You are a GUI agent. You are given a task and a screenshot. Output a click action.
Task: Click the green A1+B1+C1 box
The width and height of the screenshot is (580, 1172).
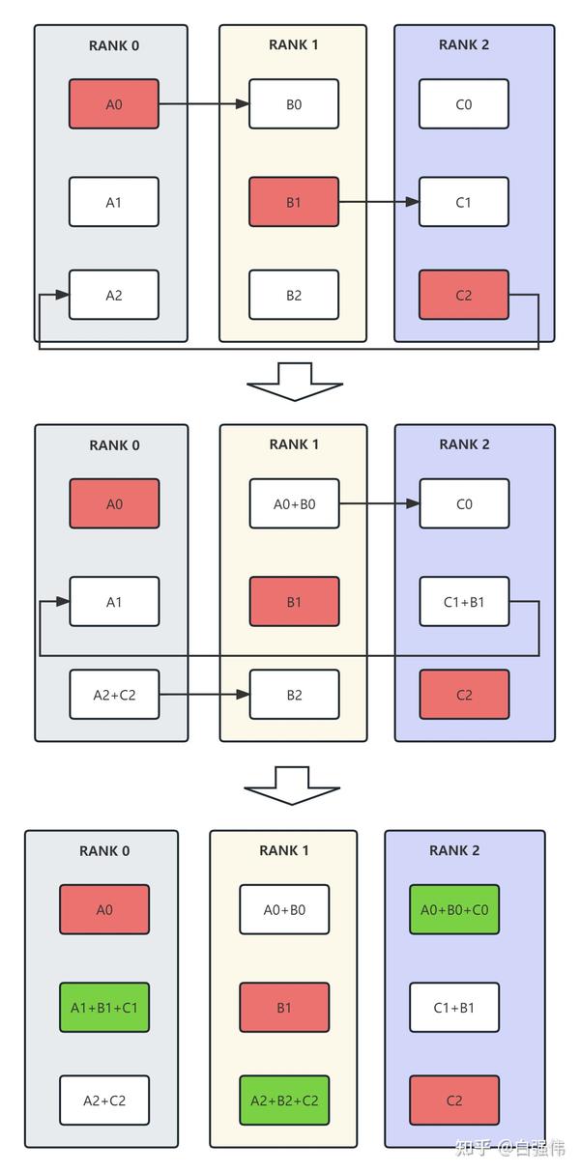point(104,1008)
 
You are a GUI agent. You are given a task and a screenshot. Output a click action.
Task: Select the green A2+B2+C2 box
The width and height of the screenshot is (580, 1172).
point(284,1101)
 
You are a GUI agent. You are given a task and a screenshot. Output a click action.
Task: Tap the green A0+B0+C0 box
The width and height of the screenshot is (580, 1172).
point(454,909)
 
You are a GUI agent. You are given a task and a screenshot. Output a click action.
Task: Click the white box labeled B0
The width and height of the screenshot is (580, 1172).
point(294,104)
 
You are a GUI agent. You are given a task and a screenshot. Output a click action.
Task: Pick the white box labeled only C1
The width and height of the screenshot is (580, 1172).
point(463,202)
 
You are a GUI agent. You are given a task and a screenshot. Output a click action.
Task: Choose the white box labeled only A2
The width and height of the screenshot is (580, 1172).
point(113,295)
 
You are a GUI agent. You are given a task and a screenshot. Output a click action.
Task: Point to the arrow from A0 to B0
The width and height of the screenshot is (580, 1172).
point(203,104)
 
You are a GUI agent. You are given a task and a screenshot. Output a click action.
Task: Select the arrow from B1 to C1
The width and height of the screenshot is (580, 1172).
point(378,202)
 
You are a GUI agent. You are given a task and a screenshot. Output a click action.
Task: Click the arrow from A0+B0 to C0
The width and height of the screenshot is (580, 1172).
point(378,503)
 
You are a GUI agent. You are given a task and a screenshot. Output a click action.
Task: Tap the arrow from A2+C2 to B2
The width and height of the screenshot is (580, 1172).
point(204,694)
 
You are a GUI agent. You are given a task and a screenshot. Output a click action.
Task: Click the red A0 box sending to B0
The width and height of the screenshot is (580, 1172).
point(113,104)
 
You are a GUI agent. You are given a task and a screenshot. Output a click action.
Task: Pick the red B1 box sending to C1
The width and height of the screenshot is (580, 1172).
point(294,202)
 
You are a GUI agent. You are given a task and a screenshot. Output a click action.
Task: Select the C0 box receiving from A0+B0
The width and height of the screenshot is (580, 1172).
point(464,503)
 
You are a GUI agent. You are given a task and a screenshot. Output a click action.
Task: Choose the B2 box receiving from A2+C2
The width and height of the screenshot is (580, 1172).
point(295,694)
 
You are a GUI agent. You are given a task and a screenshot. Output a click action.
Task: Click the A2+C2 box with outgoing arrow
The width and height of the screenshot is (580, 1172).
point(114,694)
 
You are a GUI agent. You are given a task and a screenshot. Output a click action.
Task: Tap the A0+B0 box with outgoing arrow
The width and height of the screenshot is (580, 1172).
point(295,503)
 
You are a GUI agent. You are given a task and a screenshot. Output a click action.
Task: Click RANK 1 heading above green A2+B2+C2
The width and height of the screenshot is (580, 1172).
point(284,850)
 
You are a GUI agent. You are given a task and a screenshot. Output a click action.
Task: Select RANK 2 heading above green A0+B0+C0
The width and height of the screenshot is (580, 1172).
point(454,850)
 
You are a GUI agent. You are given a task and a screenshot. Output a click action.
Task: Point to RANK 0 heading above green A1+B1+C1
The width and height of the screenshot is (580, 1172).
point(104,850)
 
